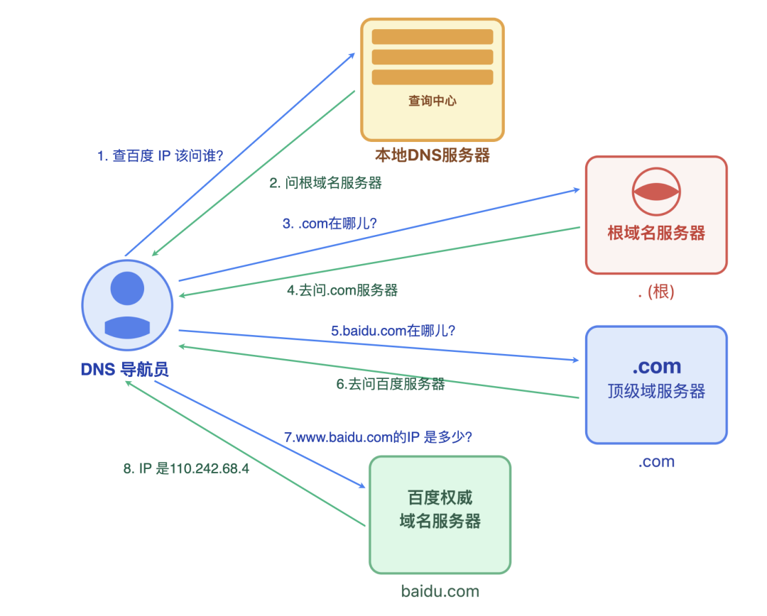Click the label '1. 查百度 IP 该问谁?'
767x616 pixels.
point(160,155)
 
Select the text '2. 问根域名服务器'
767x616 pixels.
point(325,182)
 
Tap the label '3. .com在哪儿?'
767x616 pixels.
point(330,223)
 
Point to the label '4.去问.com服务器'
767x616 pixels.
point(342,290)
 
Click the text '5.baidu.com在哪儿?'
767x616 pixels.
point(393,330)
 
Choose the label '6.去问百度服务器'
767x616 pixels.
point(390,384)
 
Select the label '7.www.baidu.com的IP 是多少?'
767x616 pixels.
point(379,437)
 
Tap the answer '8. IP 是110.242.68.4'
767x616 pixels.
point(186,469)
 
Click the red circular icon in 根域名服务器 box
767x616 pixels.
point(656,191)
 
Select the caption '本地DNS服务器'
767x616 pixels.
point(433,155)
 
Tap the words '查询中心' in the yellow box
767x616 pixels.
point(432,101)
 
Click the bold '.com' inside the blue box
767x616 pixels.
point(656,366)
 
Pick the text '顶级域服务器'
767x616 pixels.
point(656,391)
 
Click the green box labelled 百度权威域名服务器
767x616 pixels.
point(440,514)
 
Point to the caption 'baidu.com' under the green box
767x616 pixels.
point(440,590)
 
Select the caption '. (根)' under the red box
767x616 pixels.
point(656,292)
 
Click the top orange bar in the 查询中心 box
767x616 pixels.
point(432,37)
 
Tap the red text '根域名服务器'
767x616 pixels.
point(656,233)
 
